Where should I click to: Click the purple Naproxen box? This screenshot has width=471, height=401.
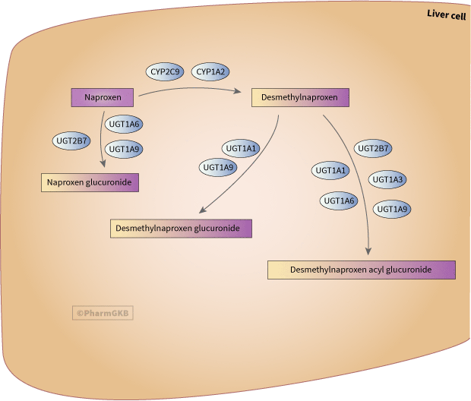(103, 97)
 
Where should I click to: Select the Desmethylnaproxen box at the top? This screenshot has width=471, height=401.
(300, 97)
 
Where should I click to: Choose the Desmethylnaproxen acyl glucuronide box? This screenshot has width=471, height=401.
(361, 270)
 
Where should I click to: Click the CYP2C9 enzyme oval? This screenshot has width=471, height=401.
(165, 72)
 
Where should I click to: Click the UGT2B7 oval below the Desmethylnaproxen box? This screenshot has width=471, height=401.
(374, 148)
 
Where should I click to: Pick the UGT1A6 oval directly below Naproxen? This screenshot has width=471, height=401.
(125, 124)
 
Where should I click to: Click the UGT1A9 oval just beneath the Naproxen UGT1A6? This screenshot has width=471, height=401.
(124, 149)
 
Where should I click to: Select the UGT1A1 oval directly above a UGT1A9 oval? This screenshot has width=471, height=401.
(240, 148)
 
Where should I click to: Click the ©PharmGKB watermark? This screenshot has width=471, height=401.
(103, 311)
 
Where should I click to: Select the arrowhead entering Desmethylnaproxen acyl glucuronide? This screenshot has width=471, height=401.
(370, 252)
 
